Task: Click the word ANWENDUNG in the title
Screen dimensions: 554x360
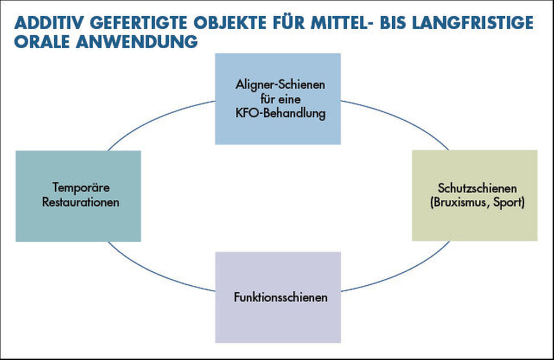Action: [x=137, y=41]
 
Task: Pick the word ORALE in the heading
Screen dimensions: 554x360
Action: [x=42, y=41]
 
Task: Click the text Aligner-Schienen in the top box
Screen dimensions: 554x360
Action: [x=280, y=85]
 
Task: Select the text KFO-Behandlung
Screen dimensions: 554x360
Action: [x=280, y=113]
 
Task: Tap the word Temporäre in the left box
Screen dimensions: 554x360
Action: [x=81, y=187]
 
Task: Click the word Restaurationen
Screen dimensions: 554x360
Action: [x=81, y=202]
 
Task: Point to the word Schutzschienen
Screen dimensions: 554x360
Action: [x=477, y=188]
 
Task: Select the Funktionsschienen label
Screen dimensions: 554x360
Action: [x=281, y=297]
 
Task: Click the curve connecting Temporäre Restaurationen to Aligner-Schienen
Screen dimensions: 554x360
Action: [x=155, y=118]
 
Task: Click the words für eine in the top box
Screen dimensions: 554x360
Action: [x=281, y=99]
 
